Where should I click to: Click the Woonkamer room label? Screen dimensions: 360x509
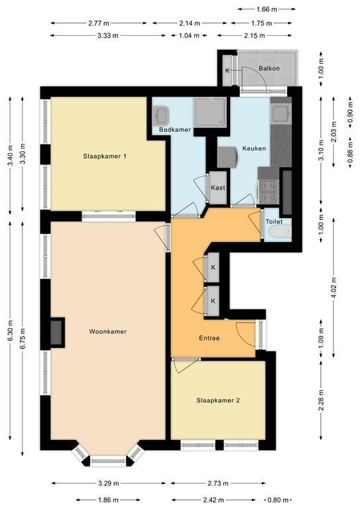point(108,331)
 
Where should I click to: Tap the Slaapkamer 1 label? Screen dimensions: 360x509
point(105,156)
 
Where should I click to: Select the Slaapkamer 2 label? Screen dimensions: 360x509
point(218,400)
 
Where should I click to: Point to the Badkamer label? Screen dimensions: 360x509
point(174,129)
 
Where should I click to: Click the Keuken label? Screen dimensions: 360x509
point(254,148)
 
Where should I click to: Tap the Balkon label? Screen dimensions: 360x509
point(269,68)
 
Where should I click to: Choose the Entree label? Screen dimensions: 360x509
point(210,338)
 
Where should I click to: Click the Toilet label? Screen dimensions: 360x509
point(274,222)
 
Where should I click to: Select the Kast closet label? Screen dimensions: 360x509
point(218,188)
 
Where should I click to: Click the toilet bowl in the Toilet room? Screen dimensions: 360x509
point(280,233)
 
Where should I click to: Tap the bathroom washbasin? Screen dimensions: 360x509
point(161,114)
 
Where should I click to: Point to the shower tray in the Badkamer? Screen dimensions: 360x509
point(210,111)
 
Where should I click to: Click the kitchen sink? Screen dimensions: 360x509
point(281,113)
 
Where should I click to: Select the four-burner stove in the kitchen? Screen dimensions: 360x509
point(269,191)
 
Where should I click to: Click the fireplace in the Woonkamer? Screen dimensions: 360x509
point(57,333)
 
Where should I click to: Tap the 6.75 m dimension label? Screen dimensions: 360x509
point(23,338)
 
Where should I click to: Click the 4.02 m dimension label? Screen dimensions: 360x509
point(334,287)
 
